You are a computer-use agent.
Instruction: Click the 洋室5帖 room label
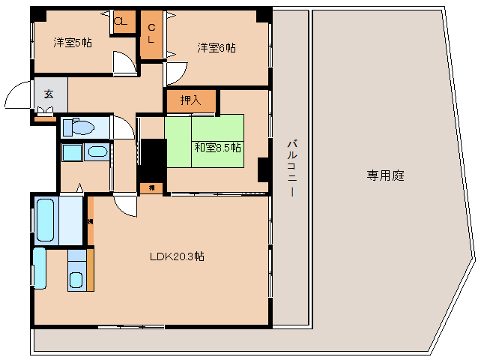pyautogui.click(x=73, y=43)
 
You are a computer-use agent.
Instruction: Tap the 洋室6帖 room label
pyautogui.click(x=217, y=48)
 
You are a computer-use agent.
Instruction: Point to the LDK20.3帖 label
pyautogui.click(x=177, y=256)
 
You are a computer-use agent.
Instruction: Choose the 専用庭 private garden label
pyautogui.click(x=386, y=175)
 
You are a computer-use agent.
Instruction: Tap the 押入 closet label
pyautogui.click(x=191, y=100)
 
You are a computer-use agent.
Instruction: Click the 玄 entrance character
pyautogui.click(x=48, y=94)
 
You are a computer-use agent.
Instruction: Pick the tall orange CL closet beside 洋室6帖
pyautogui.click(x=151, y=34)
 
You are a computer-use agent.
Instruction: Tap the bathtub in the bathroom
pyautogui.click(x=46, y=219)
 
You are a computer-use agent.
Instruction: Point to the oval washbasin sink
pyautogui.click(x=97, y=153)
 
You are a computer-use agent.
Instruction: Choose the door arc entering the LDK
pyautogui.click(x=127, y=205)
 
